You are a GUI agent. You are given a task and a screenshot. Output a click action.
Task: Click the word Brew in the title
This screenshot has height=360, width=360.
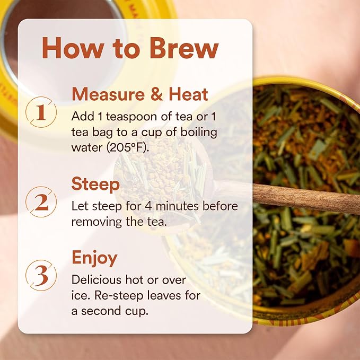click(x=184, y=48)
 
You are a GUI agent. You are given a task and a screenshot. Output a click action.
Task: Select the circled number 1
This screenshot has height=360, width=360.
click(x=41, y=112)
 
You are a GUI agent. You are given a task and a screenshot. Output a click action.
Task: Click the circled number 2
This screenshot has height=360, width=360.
click(x=41, y=202)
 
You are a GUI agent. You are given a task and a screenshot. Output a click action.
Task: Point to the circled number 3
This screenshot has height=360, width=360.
click(x=41, y=275)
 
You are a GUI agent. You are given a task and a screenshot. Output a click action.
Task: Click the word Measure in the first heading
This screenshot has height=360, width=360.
click(x=108, y=94)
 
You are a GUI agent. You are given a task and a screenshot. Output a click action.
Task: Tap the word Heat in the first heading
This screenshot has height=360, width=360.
click(x=189, y=94)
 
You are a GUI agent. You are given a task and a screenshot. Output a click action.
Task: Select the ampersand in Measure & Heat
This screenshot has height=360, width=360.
click(x=156, y=94)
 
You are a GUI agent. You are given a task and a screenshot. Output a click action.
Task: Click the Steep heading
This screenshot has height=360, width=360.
click(x=95, y=185)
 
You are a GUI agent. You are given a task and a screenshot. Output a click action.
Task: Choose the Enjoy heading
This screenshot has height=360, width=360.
click(x=94, y=259)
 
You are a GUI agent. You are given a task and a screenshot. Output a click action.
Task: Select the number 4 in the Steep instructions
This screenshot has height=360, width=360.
click(x=148, y=206)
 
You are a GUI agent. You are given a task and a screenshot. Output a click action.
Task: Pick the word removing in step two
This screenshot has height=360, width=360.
click(x=96, y=222)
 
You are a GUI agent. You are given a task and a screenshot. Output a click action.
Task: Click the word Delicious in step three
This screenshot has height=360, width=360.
click(x=97, y=280)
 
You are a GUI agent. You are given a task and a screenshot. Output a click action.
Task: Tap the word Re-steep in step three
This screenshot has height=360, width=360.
click(x=119, y=296)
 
